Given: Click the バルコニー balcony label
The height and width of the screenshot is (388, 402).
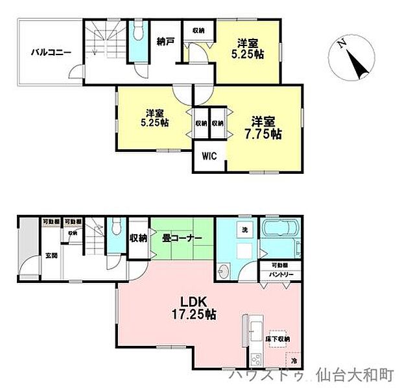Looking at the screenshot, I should [x=49, y=53].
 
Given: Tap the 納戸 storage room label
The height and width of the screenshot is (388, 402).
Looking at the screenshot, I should [x=165, y=42].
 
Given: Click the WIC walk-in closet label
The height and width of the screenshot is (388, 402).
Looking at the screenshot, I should [x=208, y=156].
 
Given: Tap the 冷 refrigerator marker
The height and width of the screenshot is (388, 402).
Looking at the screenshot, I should [x=293, y=361].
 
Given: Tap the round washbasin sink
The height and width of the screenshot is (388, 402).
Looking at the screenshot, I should [x=224, y=273].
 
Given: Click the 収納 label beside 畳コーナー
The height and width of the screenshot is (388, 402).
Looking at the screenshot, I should [x=138, y=238].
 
